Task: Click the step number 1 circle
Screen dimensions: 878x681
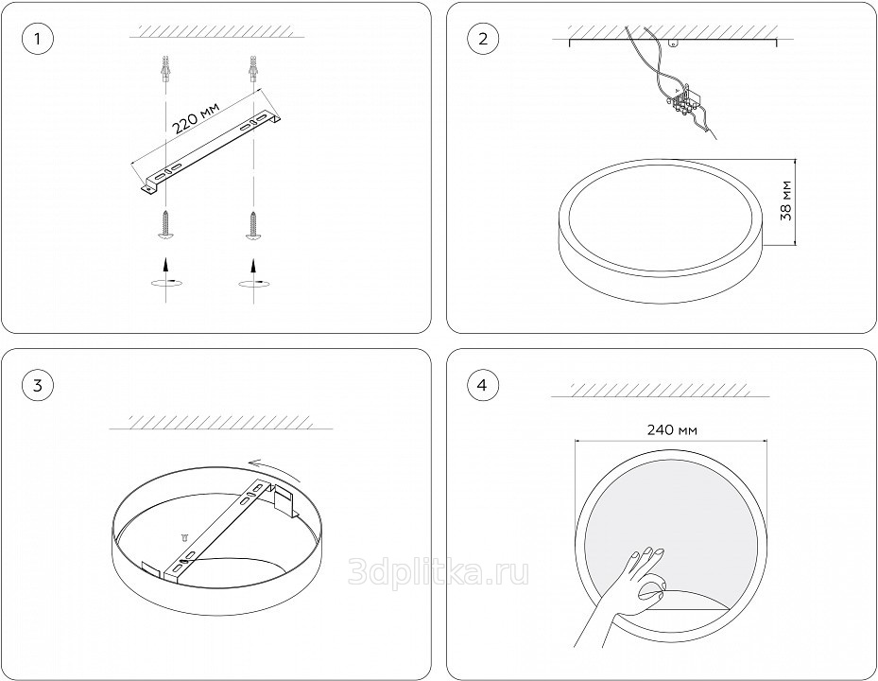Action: click(38, 39)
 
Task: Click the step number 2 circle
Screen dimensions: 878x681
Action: click(483, 39)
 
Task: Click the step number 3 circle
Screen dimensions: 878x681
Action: click(38, 386)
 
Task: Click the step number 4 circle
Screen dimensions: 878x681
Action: click(483, 386)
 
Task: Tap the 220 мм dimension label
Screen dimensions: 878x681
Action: click(195, 116)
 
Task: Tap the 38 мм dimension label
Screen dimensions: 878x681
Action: click(786, 201)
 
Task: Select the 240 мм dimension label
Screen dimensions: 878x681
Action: click(672, 430)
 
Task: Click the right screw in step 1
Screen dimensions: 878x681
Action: click(253, 225)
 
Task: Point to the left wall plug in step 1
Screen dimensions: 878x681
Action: click(164, 69)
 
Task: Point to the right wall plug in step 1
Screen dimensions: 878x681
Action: click(253, 69)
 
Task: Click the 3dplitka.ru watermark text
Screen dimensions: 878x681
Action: click(439, 571)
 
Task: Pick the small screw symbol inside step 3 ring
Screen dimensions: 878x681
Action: click(184, 537)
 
